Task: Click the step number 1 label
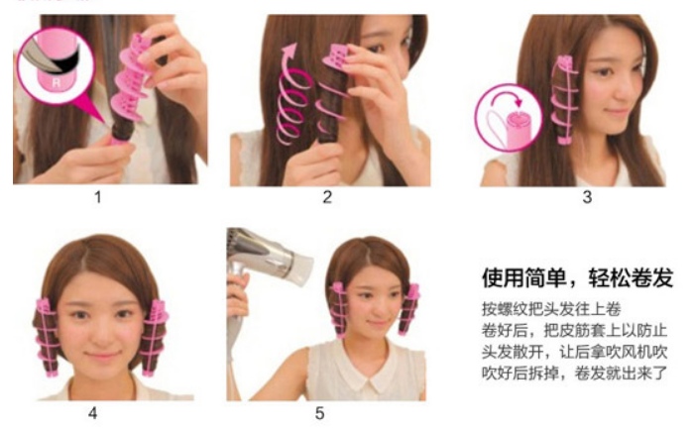click(x=98, y=197)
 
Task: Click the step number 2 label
click(x=327, y=197)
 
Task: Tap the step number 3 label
click(x=586, y=197)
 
